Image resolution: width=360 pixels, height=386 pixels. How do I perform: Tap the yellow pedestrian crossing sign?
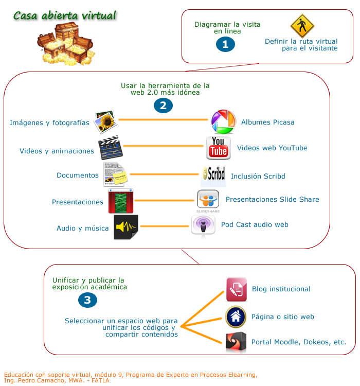coord(302,26)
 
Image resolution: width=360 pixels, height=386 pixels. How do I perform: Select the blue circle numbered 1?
coord(225,45)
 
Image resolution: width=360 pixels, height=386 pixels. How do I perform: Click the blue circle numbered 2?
coord(163,106)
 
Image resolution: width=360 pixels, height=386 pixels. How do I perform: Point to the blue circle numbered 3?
coord(88,301)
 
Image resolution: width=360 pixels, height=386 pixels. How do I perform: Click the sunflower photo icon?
coord(106,122)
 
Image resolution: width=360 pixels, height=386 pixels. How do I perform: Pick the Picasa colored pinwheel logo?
coord(224,122)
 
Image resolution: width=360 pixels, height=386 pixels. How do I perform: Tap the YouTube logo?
coord(219,148)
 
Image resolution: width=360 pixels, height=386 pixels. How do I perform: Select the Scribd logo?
coord(213,175)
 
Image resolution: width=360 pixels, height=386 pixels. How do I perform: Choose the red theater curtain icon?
coord(121,201)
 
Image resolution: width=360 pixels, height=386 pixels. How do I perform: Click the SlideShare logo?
coord(208,200)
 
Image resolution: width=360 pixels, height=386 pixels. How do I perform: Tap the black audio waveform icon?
coord(126,227)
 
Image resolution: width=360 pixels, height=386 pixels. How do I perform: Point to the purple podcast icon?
coord(203,225)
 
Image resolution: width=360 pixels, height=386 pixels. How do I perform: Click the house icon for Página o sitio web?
coord(236,317)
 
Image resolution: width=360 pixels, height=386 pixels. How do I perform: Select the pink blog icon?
coord(237,289)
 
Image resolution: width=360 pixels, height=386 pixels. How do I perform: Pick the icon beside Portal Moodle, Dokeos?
coord(236,342)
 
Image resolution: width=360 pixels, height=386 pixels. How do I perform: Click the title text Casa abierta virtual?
coord(65,15)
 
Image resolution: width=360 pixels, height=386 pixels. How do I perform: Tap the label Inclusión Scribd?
coord(258,176)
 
